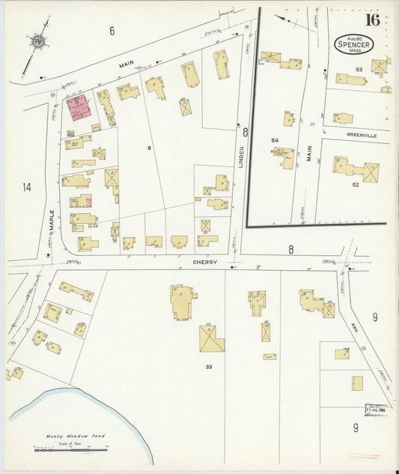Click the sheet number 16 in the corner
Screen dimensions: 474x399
click(x=372, y=19)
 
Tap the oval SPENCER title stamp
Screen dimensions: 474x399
click(x=354, y=43)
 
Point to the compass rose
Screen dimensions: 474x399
click(x=37, y=42)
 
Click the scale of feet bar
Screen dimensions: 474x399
click(x=70, y=449)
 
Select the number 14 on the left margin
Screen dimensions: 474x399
click(x=28, y=187)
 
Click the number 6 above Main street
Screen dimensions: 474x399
click(x=112, y=31)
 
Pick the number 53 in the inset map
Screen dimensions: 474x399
click(x=359, y=70)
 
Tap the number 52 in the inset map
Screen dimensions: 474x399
click(x=355, y=184)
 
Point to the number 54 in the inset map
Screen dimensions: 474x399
click(x=274, y=140)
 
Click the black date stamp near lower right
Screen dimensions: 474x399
click(x=376, y=409)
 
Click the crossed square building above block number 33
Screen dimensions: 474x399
click(x=211, y=338)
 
